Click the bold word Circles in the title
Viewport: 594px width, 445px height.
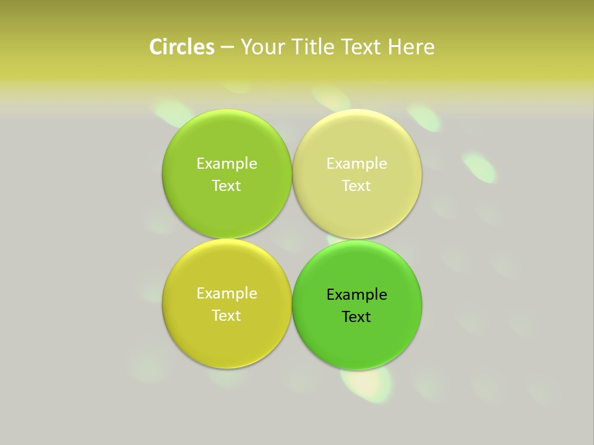coord(182,47)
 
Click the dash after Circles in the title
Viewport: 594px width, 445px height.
coord(227,48)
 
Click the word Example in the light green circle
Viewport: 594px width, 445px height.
coord(226,164)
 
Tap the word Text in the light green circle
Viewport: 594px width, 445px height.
coord(226,186)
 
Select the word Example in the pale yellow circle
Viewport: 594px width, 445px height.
coord(356,164)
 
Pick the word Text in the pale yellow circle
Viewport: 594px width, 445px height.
coord(356,186)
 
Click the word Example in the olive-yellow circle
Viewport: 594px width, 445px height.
coord(226,294)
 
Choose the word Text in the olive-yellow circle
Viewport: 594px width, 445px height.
coord(226,316)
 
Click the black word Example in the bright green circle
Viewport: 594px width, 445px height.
coord(356,295)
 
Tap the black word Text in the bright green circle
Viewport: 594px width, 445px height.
coord(356,317)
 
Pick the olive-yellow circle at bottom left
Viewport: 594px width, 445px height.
coord(226,340)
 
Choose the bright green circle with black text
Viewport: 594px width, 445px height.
coord(357,343)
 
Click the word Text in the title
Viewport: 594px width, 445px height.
coord(361,47)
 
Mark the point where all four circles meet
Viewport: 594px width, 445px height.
coord(292,239)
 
